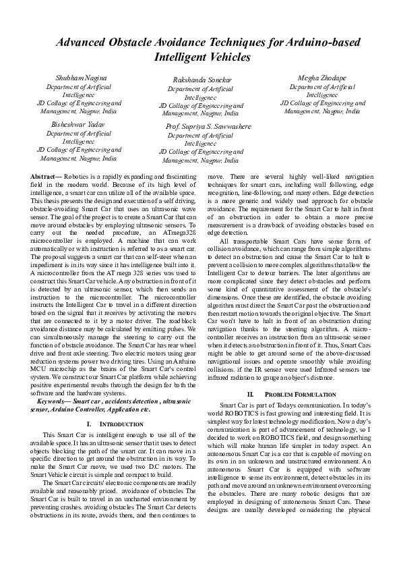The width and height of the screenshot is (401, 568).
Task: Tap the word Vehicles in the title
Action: [228, 57]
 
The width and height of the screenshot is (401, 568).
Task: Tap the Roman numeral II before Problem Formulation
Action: [251, 393]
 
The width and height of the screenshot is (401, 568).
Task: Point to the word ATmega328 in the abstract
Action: [177, 231]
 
